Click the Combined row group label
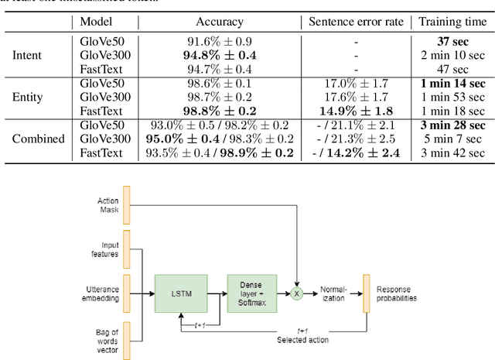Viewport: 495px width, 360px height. tap(36, 139)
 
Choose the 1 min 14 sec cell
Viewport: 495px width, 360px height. tap(454, 84)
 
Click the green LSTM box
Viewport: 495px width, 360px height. tap(183, 293)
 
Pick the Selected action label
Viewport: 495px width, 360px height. tap(303, 340)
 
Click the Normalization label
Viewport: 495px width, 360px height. tap(334, 293)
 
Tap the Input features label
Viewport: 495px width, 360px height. tap(108, 250)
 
